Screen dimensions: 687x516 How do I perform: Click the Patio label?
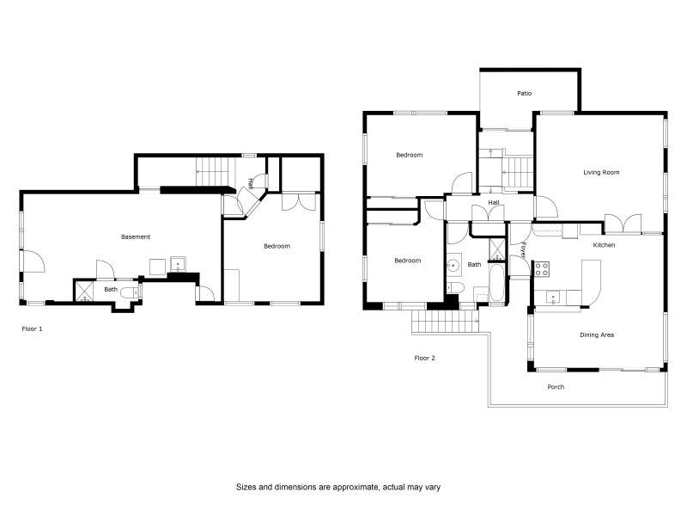tap(524, 94)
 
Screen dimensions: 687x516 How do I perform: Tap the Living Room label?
tap(601, 173)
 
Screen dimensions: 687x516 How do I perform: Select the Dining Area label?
tap(597, 335)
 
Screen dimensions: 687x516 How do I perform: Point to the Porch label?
tap(556, 387)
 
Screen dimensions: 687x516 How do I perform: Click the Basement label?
tap(136, 237)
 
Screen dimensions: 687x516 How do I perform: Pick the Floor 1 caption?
tap(32, 329)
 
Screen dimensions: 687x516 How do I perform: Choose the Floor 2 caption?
tap(424, 358)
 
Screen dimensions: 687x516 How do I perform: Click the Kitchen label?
tap(604, 245)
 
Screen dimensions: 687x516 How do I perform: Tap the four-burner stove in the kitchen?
tap(541, 268)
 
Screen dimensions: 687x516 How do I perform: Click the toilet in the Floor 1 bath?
tap(131, 292)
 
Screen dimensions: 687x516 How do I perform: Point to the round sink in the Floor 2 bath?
tap(454, 266)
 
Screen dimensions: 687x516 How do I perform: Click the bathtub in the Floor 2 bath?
tap(496, 282)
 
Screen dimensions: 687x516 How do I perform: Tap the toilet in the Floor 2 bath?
tap(455, 288)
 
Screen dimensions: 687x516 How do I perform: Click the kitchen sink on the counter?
tap(553, 298)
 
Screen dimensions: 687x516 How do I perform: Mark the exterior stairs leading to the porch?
tap(445, 321)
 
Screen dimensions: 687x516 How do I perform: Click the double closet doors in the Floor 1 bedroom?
tap(298, 201)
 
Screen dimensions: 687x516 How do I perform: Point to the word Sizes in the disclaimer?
tap(246, 487)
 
